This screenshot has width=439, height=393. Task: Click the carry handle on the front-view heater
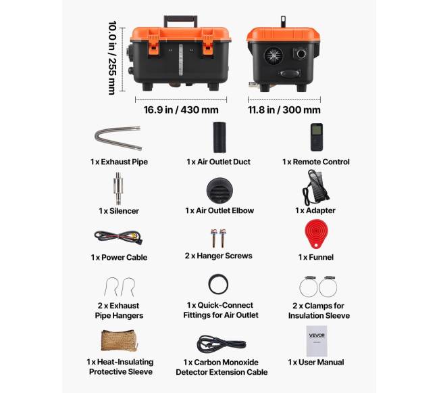[x=181, y=18]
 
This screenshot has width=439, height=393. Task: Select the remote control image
[x=316, y=137]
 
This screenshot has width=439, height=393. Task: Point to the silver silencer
[x=118, y=188]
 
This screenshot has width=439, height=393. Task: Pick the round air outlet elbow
[x=219, y=190]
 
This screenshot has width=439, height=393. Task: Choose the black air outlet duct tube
[x=219, y=137]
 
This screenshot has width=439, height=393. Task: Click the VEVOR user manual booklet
[x=317, y=341]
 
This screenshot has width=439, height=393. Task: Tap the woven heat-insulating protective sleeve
[x=119, y=340]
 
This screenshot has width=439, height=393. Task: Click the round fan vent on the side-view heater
[x=274, y=55]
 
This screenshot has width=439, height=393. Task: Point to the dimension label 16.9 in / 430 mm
[x=181, y=110]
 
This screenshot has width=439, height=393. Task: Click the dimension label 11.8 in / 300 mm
[x=284, y=110]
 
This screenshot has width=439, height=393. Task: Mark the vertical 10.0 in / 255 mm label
[x=112, y=57]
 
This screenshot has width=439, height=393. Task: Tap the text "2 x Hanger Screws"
[x=218, y=256]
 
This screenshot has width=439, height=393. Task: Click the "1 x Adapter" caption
[x=315, y=210]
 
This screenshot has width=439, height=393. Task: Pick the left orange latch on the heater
[x=153, y=45]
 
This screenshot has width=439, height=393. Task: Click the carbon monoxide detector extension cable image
[x=221, y=344]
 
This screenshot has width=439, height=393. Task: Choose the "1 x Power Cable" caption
[x=119, y=257]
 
